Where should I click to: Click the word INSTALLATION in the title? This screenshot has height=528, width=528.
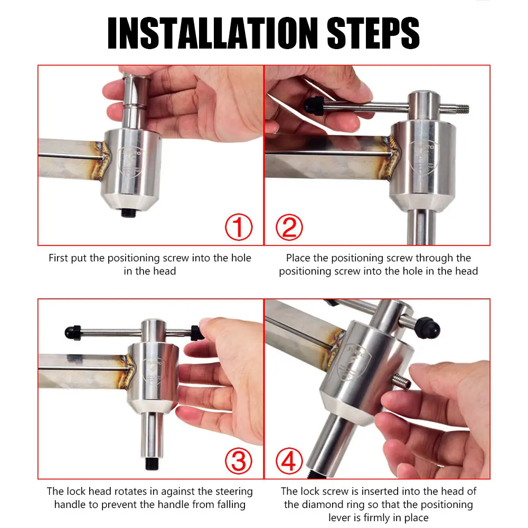coord(212,33)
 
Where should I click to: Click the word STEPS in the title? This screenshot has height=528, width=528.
coord(373,33)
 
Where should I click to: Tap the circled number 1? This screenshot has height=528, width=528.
coord(239,227)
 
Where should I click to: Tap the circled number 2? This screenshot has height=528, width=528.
coord(289,227)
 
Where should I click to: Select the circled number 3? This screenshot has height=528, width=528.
coord(239,460)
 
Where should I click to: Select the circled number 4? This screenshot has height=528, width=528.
coord(289,460)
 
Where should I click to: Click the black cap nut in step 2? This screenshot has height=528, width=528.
coord(314,106)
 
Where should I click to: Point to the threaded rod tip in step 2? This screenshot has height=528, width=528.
coord(462,109)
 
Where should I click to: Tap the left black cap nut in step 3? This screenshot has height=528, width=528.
coord(73,333)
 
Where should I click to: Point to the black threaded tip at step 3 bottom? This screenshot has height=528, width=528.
coord(152,464)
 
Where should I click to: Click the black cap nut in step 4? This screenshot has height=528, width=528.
coord(428,327)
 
